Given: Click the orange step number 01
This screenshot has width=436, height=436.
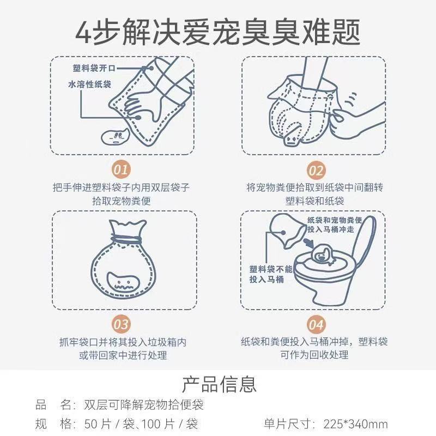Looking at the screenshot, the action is (x=121, y=169).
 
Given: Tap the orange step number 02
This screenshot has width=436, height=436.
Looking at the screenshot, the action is (x=316, y=170).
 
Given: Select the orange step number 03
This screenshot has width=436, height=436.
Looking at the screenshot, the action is (x=121, y=324).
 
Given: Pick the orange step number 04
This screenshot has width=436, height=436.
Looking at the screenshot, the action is (x=316, y=324).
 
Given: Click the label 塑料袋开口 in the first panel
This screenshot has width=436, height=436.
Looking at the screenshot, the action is (x=94, y=68).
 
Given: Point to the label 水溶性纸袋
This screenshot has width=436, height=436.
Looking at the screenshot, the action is (x=89, y=84).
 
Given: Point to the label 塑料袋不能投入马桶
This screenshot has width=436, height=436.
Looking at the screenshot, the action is (x=270, y=274).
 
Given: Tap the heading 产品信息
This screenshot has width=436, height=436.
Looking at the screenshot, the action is (x=219, y=384).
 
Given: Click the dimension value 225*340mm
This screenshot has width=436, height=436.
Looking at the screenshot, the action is (x=356, y=424).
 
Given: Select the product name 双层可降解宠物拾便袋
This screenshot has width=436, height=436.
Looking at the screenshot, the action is (x=144, y=405).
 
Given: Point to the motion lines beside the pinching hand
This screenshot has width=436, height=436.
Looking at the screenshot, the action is (x=351, y=99).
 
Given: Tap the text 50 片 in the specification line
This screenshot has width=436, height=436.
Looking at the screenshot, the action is (x=98, y=424).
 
